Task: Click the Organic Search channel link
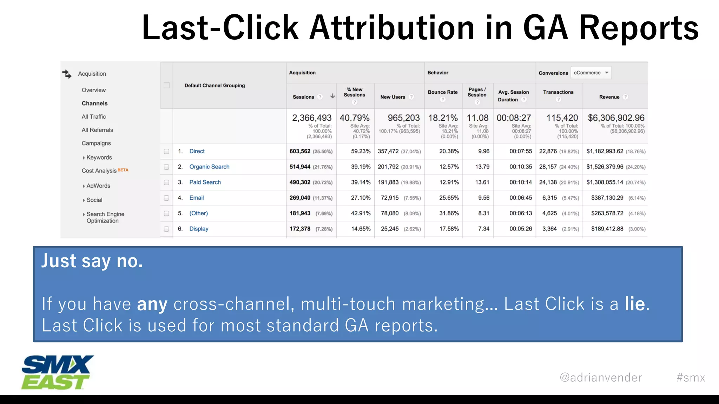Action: (x=209, y=167)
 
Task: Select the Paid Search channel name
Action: (x=205, y=182)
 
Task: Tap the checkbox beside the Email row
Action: (x=166, y=198)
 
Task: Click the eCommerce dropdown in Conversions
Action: (x=591, y=73)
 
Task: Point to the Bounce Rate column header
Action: (x=443, y=92)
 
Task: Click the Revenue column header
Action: (x=609, y=97)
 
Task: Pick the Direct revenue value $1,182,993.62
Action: (x=605, y=151)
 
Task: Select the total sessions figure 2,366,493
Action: (x=312, y=118)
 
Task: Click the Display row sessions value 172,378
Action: (x=300, y=229)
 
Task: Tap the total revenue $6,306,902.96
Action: (x=616, y=118)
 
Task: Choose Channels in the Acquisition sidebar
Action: (x=94, y=103)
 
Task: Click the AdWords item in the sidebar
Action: (x=98, y=186)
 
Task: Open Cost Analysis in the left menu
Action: (x=99, y=171)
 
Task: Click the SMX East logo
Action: (x=57, y=372)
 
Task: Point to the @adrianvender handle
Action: (x=601, y=378)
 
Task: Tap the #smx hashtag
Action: (x=691, y=378)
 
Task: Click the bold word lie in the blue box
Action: (x=635, y=304)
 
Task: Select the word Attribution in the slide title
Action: (x=392, y=28)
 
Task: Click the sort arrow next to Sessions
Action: (x=332, y=96)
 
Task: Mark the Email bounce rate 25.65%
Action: (x=449, y=198)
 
